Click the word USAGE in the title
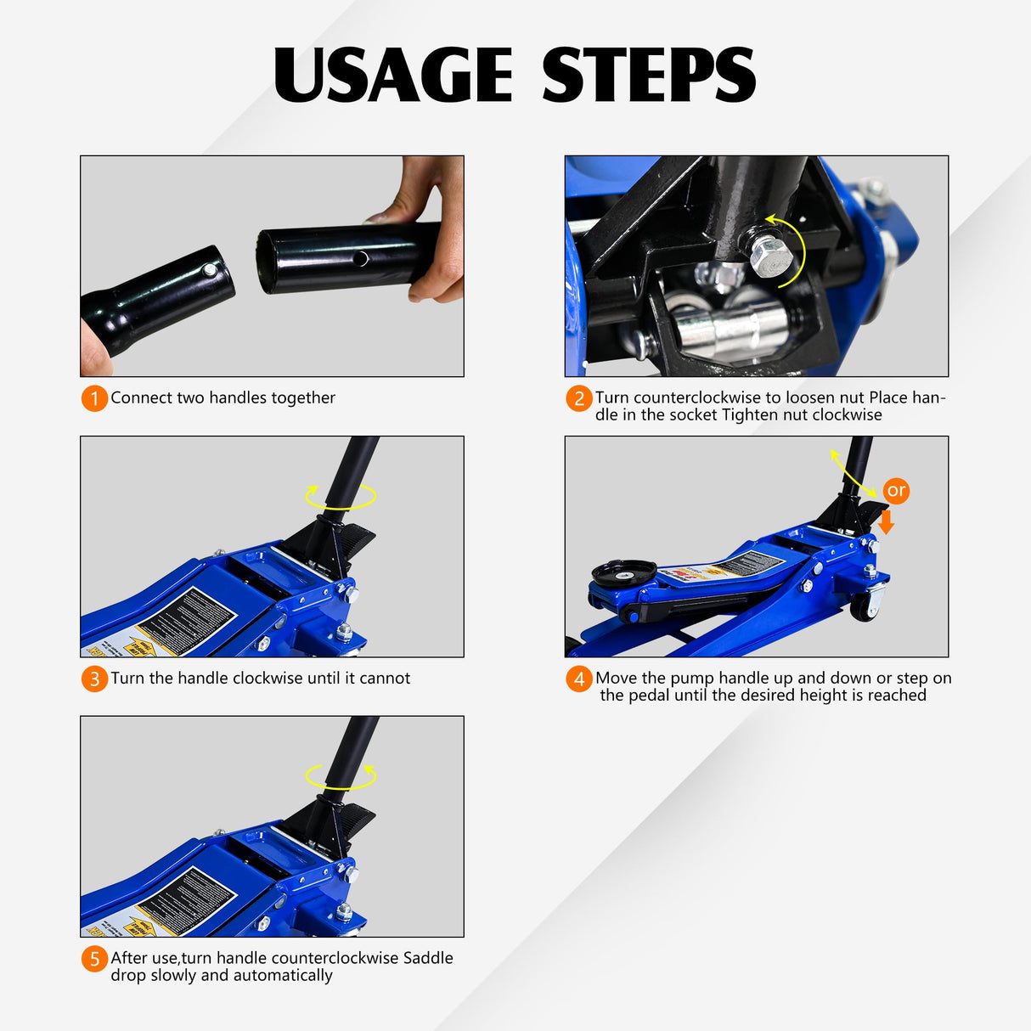pyautogui.click(x=392, y=75)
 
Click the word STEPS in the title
pyautogui.click(x=648, y=75)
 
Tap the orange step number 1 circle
pyautogui.click(x=94, y=398)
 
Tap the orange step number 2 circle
pyautogui.click(x=579, y=398)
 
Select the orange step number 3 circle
pyautogui.click(x=94, y=679)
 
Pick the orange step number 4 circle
pyautogui.click(x=579, y=679)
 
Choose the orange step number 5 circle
pyautogui.click(x=94, y=959)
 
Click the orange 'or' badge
pyautogui.click(x=896, y=491)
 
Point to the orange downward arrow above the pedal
pyautogui.click(x=886, y=521)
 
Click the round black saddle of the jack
pyautogui.click(x=623, y=572)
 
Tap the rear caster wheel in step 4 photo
pyautogui.click(x=865, y=605)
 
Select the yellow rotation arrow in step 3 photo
pyautogui.click(x=341, y=497)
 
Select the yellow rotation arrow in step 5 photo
pyautogui.click(x=341, y=776)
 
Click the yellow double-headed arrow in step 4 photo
pyautogui.click(x=853, y=474)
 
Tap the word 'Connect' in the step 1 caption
pyautogui.click(x=141, y=397)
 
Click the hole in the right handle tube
pyautogui.click(x=363, y=256)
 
